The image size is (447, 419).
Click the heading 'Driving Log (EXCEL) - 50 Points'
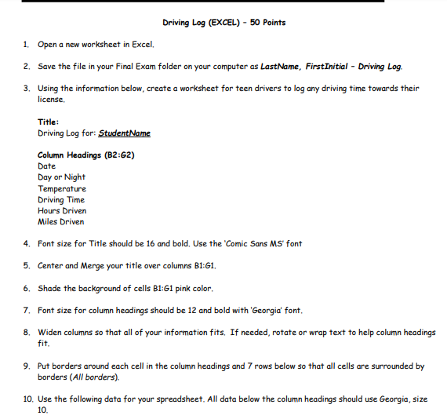tap(223, 22)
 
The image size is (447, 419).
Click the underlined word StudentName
tap(125, 133)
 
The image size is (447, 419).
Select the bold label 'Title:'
tap(49, 122)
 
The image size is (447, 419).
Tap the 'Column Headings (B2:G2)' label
tap(85, 155)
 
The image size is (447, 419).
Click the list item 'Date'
tap(46, 166)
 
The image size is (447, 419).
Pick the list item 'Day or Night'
tap(61, 177)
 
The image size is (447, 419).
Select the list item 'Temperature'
tap(62, 188)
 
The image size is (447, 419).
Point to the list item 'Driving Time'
tap(61, 199)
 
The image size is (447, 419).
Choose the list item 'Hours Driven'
tap(62, 210)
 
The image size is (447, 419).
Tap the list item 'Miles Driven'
tap(61, 221)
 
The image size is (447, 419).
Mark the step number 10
tap(27, 399)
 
